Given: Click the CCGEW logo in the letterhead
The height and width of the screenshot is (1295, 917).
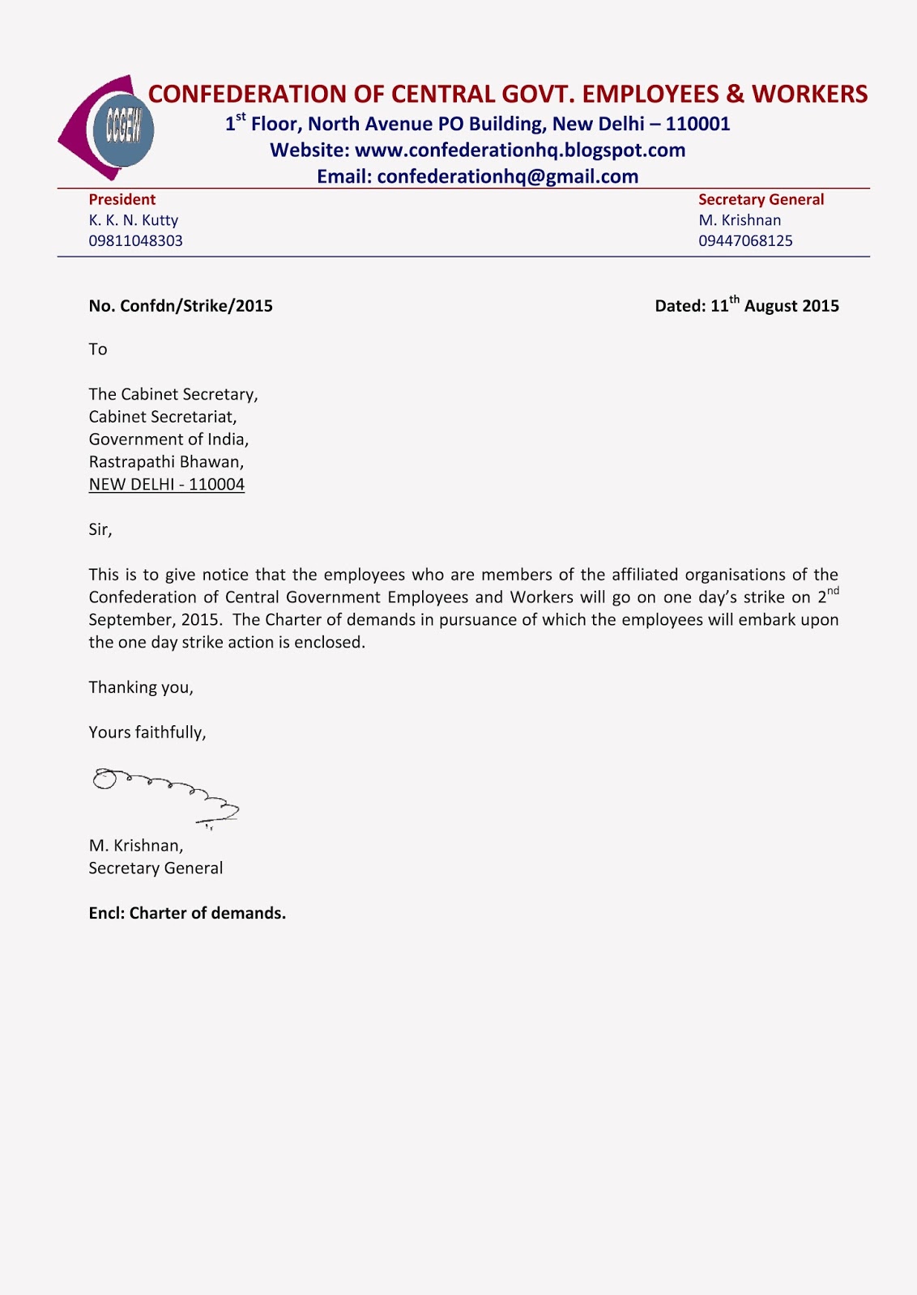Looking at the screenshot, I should pyautogui.click(x=109, y=128).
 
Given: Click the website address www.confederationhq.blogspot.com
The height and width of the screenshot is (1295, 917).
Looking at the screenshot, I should pyautogui.click(x=519, y=151).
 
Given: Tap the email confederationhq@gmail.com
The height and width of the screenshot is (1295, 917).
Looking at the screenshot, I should pyautogui.click(x=507, y=176).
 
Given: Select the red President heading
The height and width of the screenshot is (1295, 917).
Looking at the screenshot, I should pyautogui.click(x=122, y=200).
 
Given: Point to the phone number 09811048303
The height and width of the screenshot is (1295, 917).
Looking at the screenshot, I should pyautogui.click(x=135, y=241).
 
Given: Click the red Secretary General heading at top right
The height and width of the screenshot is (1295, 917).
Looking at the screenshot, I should pyautogui.click(x=761, y=200).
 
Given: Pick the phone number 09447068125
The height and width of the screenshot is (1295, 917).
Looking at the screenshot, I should pyautogui.click(x=745, y=241).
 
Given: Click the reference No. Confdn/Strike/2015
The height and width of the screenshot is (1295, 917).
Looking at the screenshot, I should pyautogui.click(x=180, y=306).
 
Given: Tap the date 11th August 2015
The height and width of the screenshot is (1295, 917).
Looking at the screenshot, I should pyautogui.click(x=774, y=306).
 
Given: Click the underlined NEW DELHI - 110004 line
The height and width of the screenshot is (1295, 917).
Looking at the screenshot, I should pyautogui.click(x=166, y=485).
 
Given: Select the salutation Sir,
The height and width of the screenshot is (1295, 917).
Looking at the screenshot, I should pyautogui.click(x=100, y=530).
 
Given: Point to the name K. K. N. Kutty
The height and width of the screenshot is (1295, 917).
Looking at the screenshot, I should pyautogui.click(x=133, y=220).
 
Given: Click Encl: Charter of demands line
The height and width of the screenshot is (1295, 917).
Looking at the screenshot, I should pyautogui.click(x=186, y=913).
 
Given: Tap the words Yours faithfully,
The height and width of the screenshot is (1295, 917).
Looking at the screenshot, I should pyautogui.click(x=147, y=732).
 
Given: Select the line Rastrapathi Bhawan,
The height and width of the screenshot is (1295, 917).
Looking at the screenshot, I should pyautogui.click(x=166, y=462).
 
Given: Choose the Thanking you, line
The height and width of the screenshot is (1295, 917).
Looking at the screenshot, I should pyautogui.click(x=140, y=687).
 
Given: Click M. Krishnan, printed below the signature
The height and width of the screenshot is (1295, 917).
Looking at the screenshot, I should pyautogui.click(x=135, y=846).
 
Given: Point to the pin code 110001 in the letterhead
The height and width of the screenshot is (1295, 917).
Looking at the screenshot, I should pyautogui.click(x=697, y=124).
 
